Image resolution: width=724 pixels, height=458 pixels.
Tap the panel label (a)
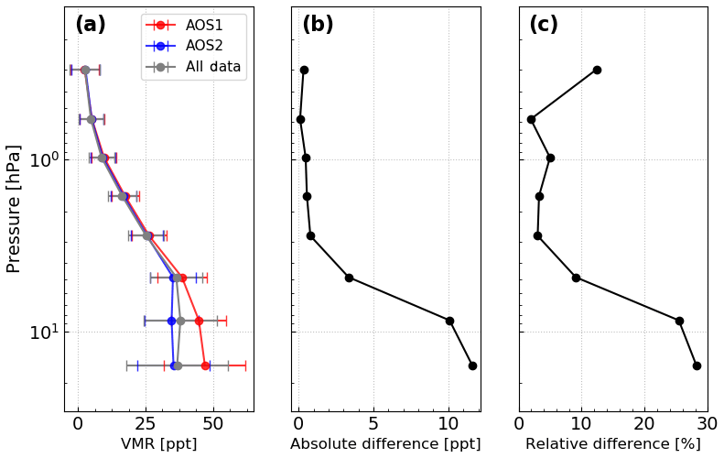(91, 25)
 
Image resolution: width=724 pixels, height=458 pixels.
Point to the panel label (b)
(318, 25)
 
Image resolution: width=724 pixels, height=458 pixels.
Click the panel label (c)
(544, 25)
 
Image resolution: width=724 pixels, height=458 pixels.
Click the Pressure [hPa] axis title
(14, 208)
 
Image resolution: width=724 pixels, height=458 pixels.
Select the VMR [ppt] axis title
(158, 444)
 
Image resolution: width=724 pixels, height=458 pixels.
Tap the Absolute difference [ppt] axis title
(385, 444)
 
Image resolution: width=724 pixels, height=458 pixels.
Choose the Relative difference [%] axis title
(612, 444)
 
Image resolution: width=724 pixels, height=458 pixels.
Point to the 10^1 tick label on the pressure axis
(44, 332)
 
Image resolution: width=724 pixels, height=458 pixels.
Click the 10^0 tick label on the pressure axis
(44, 160)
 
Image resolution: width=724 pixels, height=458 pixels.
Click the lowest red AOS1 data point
(206, 365)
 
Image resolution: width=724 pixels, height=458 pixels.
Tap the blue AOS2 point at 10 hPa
(171, 321)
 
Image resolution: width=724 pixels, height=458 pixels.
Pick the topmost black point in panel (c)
(597, 70)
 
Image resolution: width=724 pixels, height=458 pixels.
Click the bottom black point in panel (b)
(472, 365)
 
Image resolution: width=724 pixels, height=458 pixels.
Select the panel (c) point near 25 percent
(679, 321)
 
